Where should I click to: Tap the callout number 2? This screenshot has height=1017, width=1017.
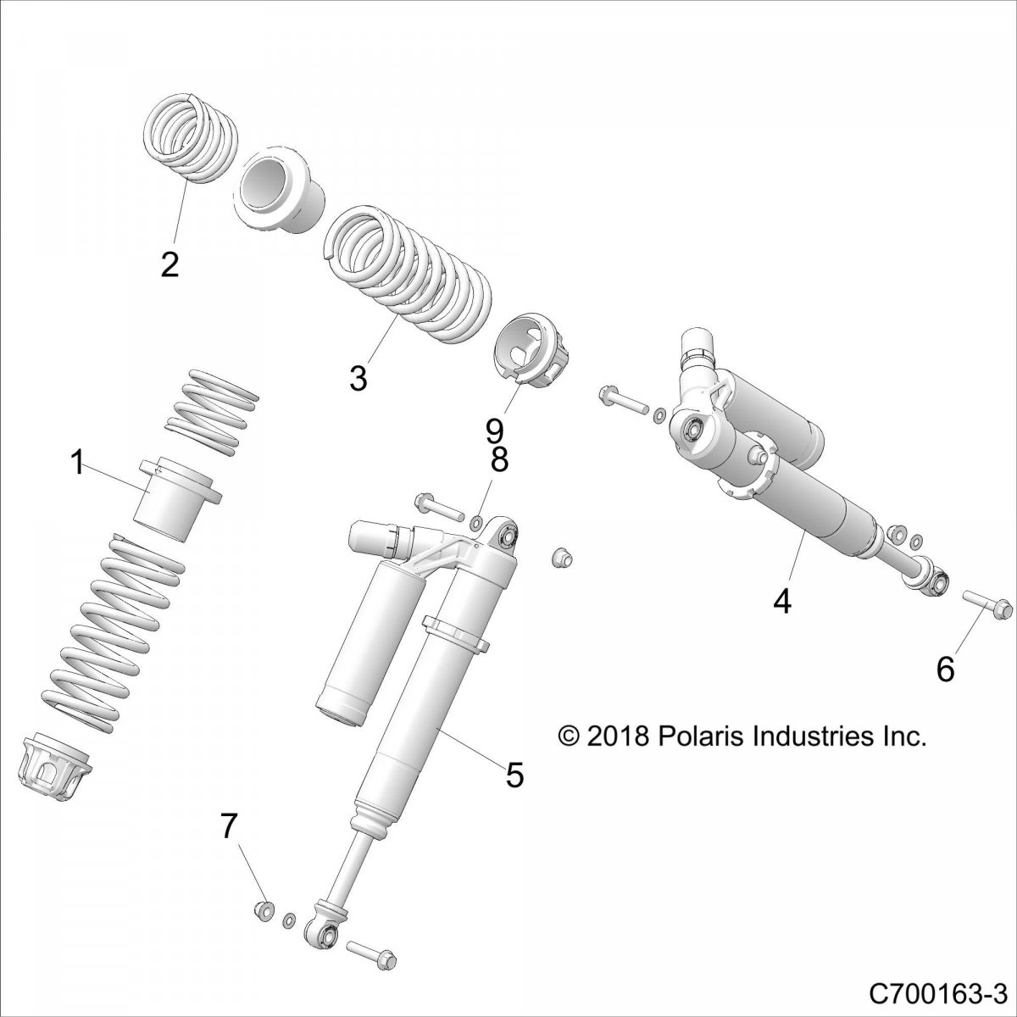point(170,265)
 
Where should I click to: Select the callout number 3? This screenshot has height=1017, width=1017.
point(358,378)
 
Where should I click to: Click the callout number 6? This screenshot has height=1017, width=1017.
point(945,670)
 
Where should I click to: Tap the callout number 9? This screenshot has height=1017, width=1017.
point(495,433)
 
